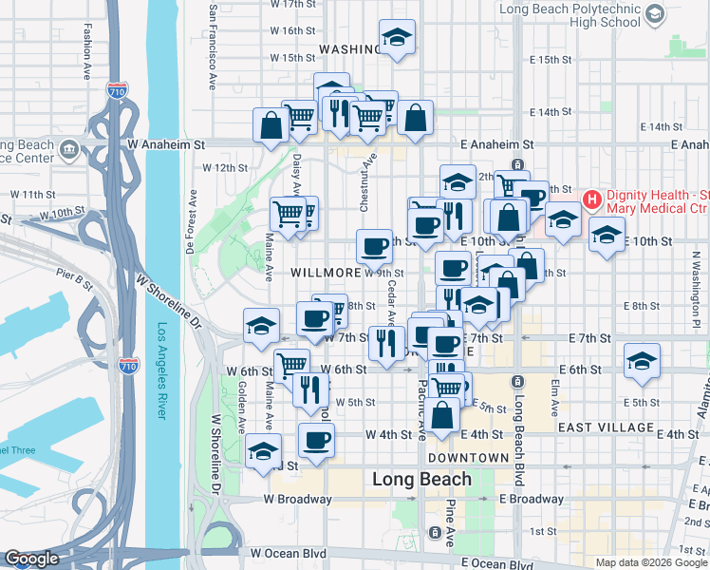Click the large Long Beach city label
point(417,479)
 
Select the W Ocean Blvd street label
point(288,552)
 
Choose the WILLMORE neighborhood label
point(325,272)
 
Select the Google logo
point(31,559)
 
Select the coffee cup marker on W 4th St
point(316,440)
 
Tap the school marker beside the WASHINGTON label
point(396,37)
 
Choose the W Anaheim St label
point(165,145)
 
